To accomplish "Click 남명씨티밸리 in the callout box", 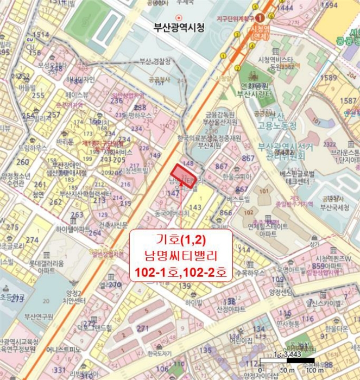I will (181, 254).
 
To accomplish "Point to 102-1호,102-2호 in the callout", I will (181, 270).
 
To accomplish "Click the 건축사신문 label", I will (113, 225).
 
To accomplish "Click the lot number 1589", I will (329, 77).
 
